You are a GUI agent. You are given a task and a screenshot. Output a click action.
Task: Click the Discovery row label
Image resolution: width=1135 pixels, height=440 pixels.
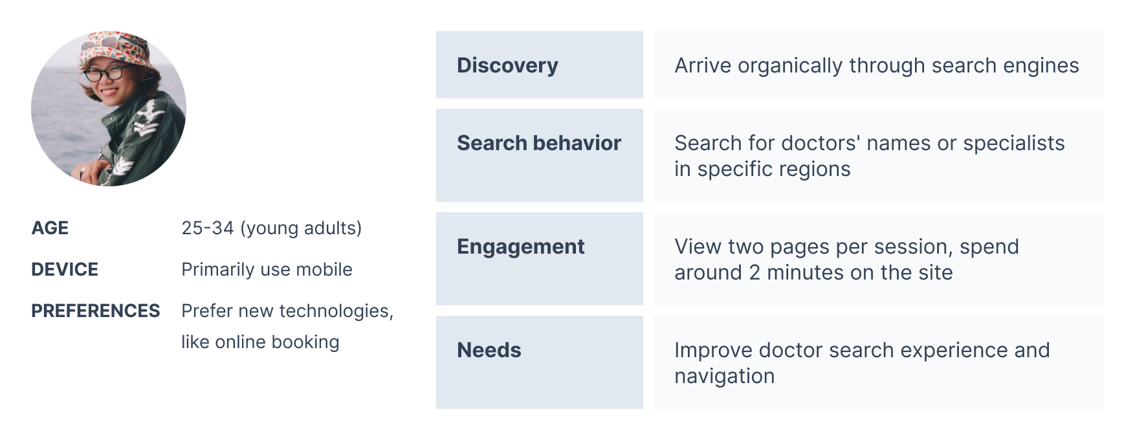pyautogui.click(x=507, y=65)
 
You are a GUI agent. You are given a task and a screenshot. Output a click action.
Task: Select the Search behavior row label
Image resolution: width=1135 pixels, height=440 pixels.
pyautogui.click(x=539, y=143)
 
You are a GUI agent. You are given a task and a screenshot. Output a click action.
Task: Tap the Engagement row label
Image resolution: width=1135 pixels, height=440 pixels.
pyautogui.click(x=521, y=247)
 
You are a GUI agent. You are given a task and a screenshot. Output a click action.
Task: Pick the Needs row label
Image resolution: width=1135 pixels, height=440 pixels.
pyautogui.click(x=489, y=350)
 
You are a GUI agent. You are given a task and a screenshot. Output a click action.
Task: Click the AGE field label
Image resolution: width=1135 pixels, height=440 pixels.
pyautogui.click(x=50, y=228)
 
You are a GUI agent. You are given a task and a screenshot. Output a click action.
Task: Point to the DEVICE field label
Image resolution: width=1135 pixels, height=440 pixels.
pyautogui.click(x=65, y=269)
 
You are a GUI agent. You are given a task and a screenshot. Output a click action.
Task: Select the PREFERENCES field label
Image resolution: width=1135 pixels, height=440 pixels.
pyautogui.click(x=96, y=311)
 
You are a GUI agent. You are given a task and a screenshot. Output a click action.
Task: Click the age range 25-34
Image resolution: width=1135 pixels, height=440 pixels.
pyautogui.click(x=208, y=228)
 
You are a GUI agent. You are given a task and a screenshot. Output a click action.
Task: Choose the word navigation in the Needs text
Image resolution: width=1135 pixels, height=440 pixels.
pyautogui.click(x=725, y=377)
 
